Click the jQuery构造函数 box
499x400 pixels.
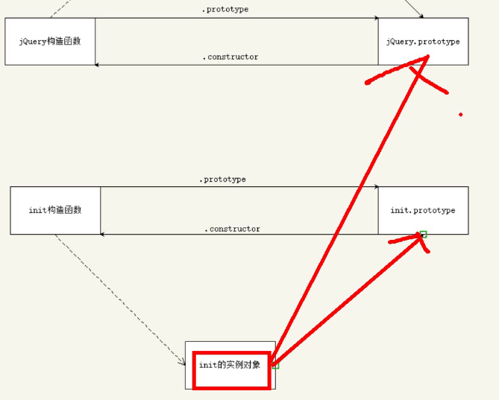[50, 41]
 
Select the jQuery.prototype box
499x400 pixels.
[423, 42]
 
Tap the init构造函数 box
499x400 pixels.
[55, 210]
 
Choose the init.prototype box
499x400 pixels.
[423, 211]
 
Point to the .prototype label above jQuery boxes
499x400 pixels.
[225, 10]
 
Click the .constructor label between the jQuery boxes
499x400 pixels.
[230, 57]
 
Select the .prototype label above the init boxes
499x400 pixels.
[222, 180]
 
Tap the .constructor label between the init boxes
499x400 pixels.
[232, 229]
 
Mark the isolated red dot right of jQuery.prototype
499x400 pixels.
[460, 114]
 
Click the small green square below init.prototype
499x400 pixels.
[423, 235]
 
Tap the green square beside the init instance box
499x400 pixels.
[275, 366]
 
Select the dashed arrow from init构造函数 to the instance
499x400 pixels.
[119, 298]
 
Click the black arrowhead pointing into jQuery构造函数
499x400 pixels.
[98, 65]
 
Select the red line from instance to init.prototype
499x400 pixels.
[343, 302]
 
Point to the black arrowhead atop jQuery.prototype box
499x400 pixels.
[421, 16]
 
